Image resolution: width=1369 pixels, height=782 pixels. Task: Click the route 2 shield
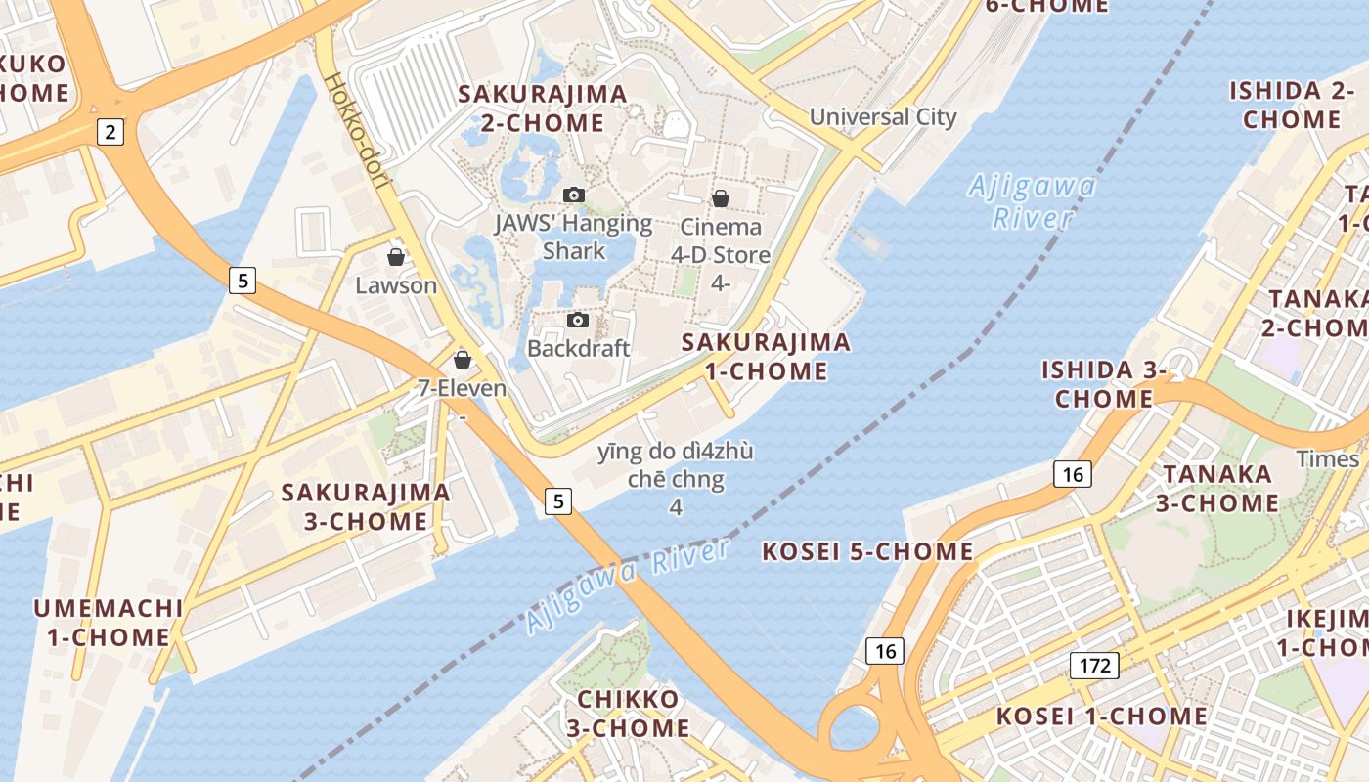coord(110,132)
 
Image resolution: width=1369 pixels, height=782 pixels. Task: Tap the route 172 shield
coord(1094,666)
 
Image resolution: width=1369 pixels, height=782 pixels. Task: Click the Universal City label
coord(883,117)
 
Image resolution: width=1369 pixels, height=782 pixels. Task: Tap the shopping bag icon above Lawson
coord(396,257)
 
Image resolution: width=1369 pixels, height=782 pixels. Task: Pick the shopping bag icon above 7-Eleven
coord(463,360)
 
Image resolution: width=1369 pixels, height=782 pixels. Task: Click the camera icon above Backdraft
coord(578,320)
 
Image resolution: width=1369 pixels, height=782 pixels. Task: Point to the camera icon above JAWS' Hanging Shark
coord(574,195)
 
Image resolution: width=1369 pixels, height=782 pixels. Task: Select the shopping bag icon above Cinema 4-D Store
coord(721,198)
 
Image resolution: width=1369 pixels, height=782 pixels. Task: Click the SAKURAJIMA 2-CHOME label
coord(543,109)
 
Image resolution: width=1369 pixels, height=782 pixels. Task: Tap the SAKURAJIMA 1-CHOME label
coord(767,357)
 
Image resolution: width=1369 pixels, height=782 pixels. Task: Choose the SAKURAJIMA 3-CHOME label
coord(366,506)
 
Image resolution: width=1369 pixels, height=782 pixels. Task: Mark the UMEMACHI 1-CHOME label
coord(109,623)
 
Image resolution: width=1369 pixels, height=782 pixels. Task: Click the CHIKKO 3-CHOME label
coord(628,714)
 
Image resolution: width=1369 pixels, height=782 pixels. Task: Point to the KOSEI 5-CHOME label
coord(867,552)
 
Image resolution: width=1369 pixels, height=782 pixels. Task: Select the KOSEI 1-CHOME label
coord(1102,717)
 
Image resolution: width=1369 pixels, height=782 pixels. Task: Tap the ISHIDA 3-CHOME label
coord(1104,384)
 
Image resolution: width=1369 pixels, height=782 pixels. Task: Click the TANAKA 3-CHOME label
coord(1217,489)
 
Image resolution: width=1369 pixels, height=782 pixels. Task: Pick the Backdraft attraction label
coord(578,348)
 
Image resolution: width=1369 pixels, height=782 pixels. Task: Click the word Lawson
coord(396,285)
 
